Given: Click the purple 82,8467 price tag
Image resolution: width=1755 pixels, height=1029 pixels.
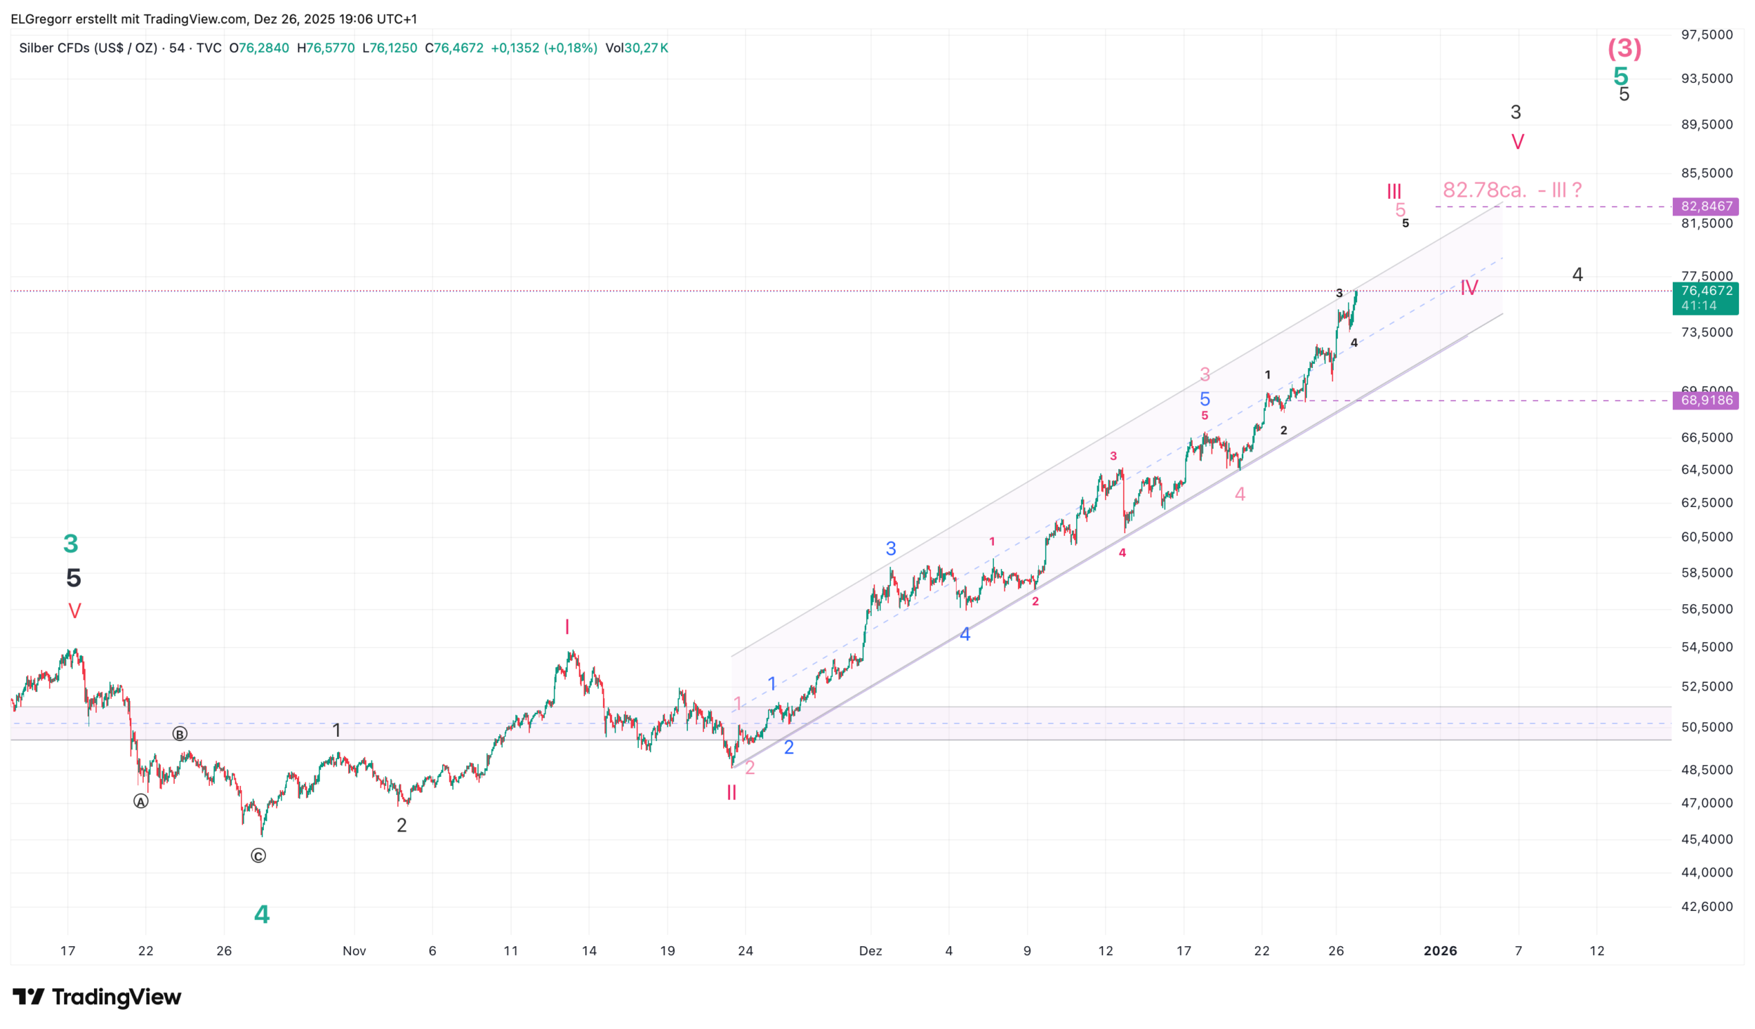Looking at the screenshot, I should click(1706, 207).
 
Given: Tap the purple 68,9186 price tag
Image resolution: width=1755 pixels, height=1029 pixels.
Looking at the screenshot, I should click(1706, 400).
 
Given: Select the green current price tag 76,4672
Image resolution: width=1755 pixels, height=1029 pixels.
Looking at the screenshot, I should click(1706, 291).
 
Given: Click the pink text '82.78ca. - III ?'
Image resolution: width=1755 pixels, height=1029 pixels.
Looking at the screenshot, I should click(1511, 190).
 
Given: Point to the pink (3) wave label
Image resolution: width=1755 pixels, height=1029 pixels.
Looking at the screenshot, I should click(1624, 48).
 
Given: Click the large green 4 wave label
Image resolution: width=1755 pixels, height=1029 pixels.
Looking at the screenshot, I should click(262, 915).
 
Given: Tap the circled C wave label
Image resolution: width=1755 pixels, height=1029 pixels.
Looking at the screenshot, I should click(258, 856).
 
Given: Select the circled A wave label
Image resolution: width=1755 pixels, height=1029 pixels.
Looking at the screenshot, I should click(141, 801).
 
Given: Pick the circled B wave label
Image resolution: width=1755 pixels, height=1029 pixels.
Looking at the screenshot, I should click(180, 734).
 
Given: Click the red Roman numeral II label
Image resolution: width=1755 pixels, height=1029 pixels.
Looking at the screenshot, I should click(731, 793).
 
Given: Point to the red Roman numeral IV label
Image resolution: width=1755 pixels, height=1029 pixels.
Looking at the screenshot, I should click(1469, 288).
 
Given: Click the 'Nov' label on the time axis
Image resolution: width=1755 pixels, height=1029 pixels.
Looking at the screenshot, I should click(354, 951).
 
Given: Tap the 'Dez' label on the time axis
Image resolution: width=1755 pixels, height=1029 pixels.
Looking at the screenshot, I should click(870, 951).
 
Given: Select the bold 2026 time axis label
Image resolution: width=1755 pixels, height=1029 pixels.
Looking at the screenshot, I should click(1440, 951).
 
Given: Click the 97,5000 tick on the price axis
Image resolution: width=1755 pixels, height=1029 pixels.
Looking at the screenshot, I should click(1707, 35).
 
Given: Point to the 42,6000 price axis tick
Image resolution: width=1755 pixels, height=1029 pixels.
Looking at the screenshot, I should click(1707, 907).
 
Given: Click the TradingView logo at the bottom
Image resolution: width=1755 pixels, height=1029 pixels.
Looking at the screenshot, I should click(97, 997).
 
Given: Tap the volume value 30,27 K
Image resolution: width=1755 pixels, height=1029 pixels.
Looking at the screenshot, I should click(646, 48).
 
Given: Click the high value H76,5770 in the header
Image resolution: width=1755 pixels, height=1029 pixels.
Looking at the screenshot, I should click(326, 48).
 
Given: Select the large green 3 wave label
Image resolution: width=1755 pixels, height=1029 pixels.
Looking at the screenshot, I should click(71, 544).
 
